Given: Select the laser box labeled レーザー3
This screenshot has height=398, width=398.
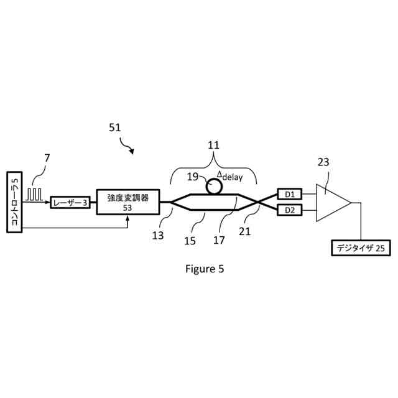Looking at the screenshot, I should tap(69, 203).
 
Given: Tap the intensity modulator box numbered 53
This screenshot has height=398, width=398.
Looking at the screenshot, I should tap(127, 203).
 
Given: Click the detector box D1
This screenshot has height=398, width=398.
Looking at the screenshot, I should tap(289, 194).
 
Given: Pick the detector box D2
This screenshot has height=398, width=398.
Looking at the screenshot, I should tap(289, 210).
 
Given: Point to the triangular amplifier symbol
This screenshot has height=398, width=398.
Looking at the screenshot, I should tap(331, 203).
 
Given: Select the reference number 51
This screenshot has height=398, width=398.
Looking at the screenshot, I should tap(115, 127).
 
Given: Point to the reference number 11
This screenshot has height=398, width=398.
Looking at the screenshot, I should tap(213, 146).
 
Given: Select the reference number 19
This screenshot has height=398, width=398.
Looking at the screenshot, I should tap(193, 176).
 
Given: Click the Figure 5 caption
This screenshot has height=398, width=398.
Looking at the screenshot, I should tap(205, 269).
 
